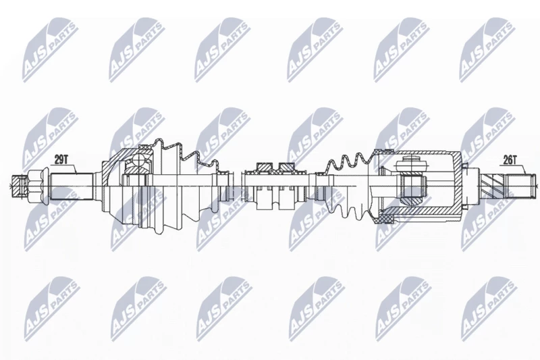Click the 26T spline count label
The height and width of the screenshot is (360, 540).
(x=510, y=160)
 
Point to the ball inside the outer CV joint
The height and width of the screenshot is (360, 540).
(x=138, y=159)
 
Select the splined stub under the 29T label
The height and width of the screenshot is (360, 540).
(x=72, y=186)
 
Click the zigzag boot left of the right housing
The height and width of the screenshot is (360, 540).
(x=348, y=186)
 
